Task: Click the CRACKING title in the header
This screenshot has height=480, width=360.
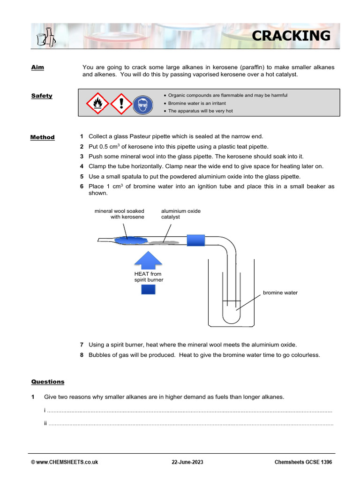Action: pos(291,36)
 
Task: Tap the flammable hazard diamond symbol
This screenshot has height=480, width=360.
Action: pos(97,103)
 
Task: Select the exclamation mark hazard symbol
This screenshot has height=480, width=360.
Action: pos(121,103)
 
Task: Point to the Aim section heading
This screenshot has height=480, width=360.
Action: pos(37,67)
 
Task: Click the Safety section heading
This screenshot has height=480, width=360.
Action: pos(42,96)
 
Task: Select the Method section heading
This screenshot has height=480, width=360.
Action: pos(42,137)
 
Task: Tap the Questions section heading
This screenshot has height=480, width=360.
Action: pos(48,382)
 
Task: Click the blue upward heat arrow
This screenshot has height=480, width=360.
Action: pos(148,260)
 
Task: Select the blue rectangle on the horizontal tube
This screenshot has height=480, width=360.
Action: pos(196,240)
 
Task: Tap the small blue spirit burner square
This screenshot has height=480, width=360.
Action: pos(148,289)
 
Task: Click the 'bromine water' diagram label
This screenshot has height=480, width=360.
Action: pos(280,292)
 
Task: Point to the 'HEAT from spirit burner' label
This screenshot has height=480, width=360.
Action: pos(149,277)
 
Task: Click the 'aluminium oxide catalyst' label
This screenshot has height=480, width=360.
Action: pos(180,214)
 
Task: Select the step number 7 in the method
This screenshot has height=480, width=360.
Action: pos(82,345)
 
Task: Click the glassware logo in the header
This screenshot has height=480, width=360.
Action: pos(45,36)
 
